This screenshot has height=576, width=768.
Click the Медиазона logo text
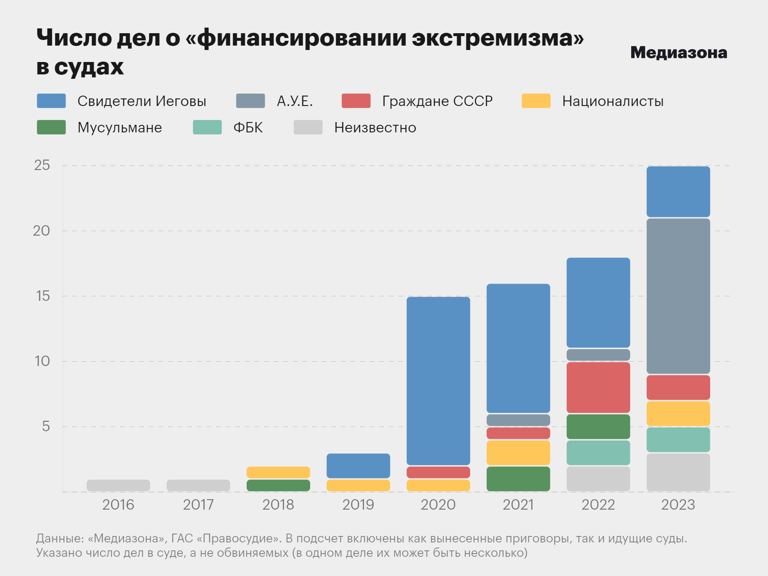pos(678,53)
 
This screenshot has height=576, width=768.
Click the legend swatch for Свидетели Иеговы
pos(51,101)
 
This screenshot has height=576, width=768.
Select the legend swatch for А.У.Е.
pos(250,101)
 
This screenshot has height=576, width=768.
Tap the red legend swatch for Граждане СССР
pos(356,101)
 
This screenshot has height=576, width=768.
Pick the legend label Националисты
pos(612,101)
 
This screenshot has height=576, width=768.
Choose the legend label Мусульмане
pos(120,128)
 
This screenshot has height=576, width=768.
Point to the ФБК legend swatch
pos(207,127)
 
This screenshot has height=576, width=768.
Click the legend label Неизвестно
pos(375,128)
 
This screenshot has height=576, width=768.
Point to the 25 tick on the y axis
pos(42,165)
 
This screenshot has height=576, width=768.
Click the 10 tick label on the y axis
pos(42,361)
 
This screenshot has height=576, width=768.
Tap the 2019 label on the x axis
pos(358,505)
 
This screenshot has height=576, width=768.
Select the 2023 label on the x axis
pos(678,505)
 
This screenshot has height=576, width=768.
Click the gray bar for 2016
pos(118,485)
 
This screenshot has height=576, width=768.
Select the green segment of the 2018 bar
pos(278,485)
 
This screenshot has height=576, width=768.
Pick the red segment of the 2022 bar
pos(598,387)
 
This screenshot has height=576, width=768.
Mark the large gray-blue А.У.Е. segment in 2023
pos(678,296)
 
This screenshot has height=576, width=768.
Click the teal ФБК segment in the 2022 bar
pos(598,453)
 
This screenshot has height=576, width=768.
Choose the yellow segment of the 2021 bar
pos(518,453)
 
